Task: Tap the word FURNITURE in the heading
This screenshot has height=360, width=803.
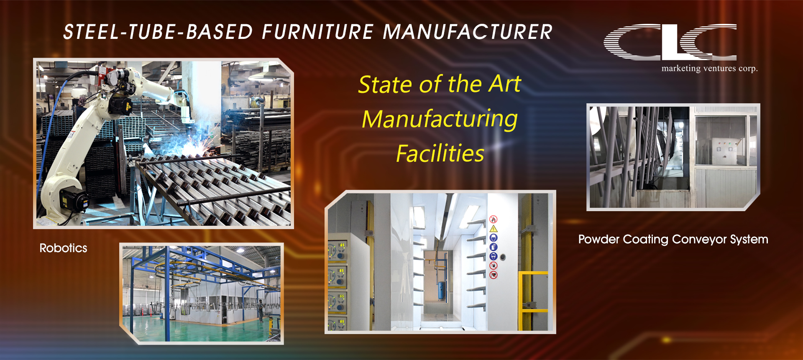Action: (x=318, y=32)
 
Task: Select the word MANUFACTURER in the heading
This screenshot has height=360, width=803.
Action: (x=468, y=32)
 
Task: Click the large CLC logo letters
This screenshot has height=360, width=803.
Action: (x=670, y=42)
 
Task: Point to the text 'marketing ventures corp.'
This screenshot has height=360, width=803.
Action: (x=710, y=68)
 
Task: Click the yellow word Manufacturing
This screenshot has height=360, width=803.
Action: (x=440, y=120)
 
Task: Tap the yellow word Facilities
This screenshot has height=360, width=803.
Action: (x=440, y=153)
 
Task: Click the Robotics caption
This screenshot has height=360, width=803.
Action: (x=64, y=248)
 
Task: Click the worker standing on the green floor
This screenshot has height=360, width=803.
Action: (x=261, y=311)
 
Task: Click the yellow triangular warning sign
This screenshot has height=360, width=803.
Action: (x=494, y=229)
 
